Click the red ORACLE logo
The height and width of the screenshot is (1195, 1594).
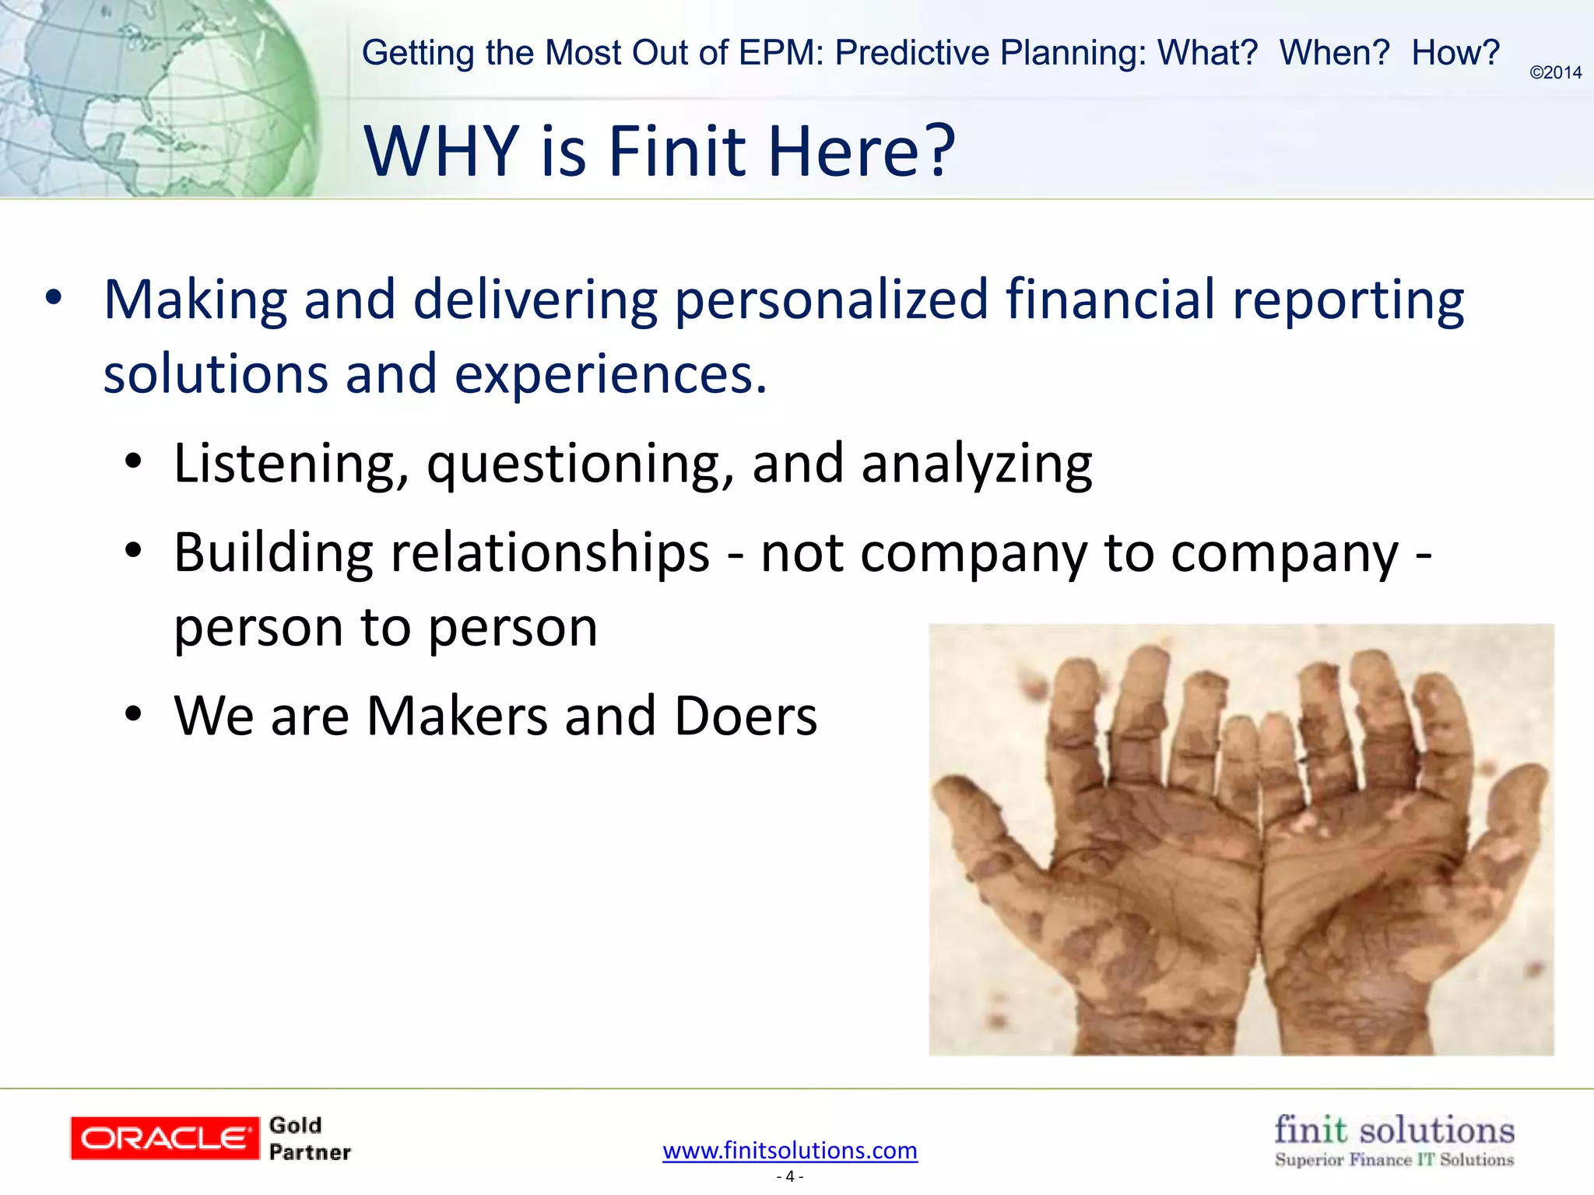click(164, 1138)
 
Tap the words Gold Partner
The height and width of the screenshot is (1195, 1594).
click(309, 1139)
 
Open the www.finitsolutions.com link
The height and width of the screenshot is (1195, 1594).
click(790, 1150)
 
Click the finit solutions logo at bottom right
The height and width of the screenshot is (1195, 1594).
click(1394, 1139)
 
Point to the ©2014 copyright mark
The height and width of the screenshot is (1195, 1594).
click(1555, 72)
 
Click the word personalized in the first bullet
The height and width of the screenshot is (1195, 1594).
click(831, 300)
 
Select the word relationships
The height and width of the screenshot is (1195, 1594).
click(549, 553)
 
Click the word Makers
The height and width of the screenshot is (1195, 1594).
click(457, 716)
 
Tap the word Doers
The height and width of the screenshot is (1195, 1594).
click(746, 716)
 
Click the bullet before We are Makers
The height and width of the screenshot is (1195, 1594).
click(134, 713)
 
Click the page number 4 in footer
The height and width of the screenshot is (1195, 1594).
click(790, 1176)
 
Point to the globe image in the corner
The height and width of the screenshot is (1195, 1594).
click(156, 97)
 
